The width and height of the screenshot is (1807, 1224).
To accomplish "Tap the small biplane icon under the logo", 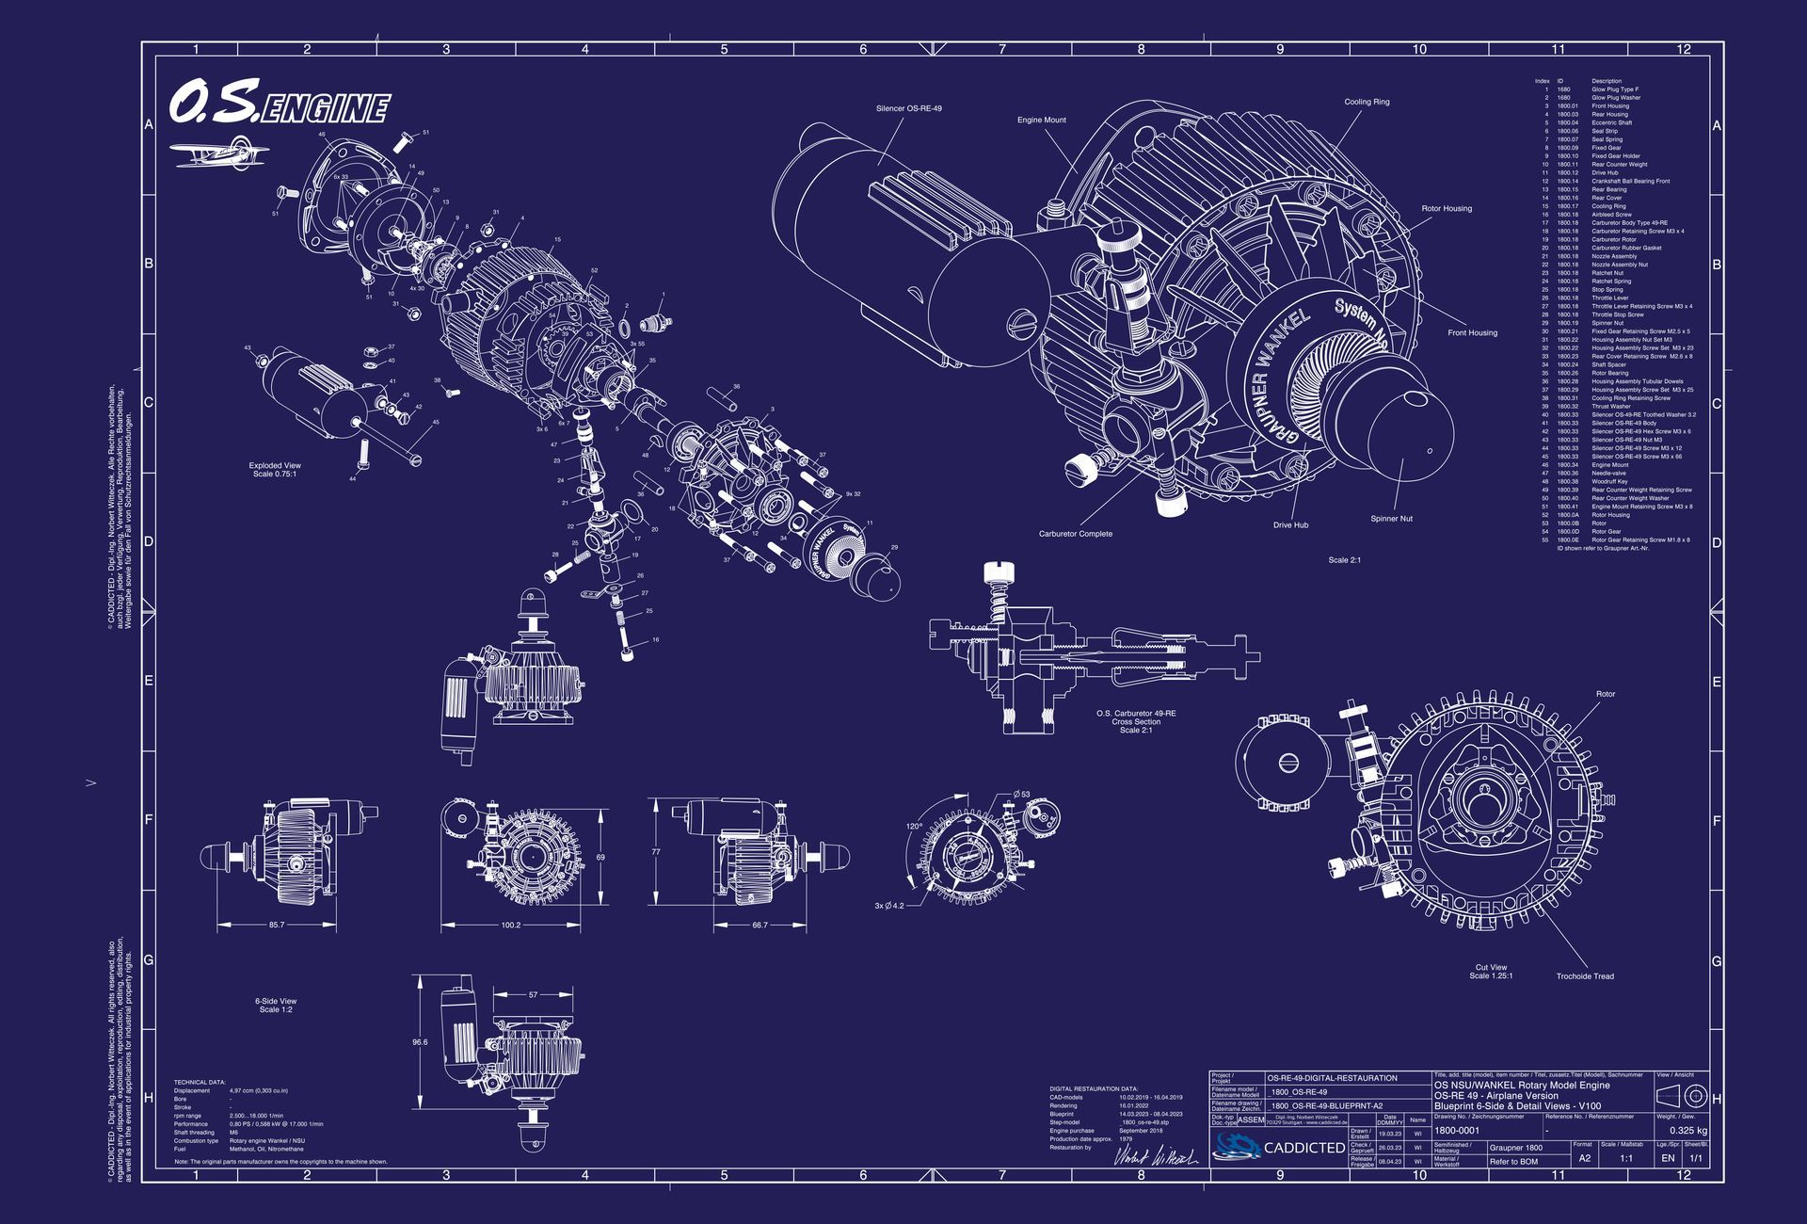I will tap(219, 153).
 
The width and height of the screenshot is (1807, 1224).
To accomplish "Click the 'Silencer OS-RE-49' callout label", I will tap(908, 109).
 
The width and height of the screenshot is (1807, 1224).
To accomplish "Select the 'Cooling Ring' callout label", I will tap(1367, 102).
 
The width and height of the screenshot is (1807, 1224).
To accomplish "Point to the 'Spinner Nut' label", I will tap(1391, 519).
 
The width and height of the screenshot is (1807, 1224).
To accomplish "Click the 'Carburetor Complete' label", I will tap(1075, 534).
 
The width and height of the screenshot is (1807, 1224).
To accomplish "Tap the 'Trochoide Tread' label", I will tap(1584, 976).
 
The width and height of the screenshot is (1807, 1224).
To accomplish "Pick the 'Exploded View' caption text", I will tap(275, 465).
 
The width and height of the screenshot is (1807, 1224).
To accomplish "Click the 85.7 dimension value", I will tap(276, 925).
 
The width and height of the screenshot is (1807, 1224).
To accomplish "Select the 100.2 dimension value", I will tap(510, 925).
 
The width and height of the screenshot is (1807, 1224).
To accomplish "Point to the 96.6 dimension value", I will tap(420, 1042).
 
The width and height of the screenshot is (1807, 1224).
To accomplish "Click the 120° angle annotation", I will tap(914, 826).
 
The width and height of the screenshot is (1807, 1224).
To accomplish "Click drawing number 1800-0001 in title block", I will tap(1456, 1130).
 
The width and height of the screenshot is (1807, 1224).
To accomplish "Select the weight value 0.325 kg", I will tap(1687, 1131).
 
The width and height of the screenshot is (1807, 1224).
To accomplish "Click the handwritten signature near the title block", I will tap(1155, 1157).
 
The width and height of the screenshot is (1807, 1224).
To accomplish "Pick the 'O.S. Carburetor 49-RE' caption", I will tap(1136, 713).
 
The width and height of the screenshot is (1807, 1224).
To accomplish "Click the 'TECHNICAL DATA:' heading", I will tap(200, 1083).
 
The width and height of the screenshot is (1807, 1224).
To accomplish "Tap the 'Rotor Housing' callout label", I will tap(1446, 209).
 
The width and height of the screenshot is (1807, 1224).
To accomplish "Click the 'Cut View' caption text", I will tap(1491, 967).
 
